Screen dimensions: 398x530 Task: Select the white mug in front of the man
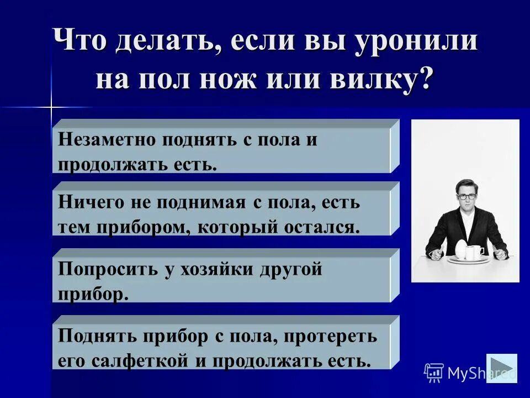point(473,252)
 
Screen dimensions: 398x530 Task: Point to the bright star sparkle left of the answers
point(51,106)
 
